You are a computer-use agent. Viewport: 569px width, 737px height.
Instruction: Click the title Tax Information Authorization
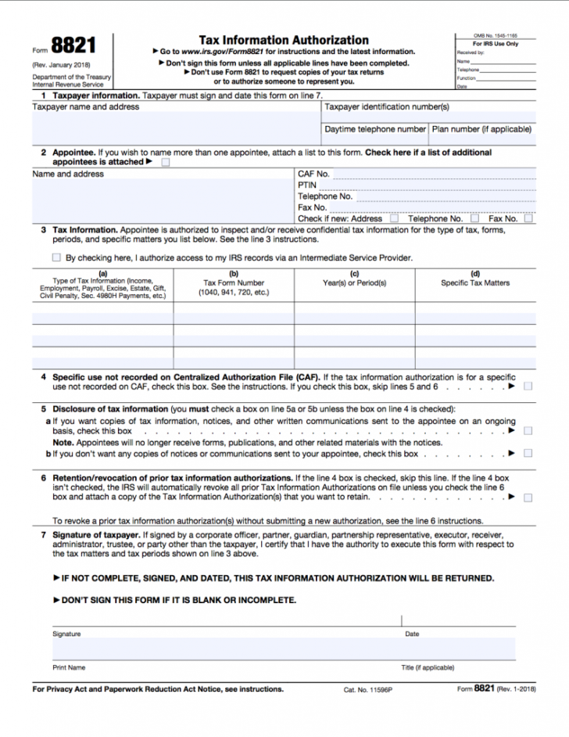284,39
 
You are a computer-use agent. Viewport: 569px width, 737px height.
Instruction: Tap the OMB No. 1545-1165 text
496,36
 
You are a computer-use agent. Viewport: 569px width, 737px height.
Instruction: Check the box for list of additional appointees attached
165,163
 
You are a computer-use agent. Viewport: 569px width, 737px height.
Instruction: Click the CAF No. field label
313,174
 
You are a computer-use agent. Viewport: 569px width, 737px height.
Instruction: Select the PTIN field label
306,185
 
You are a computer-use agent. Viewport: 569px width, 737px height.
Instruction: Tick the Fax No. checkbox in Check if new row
529,219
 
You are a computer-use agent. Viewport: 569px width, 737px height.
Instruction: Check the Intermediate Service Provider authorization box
56,257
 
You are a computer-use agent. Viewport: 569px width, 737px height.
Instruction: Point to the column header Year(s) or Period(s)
354,282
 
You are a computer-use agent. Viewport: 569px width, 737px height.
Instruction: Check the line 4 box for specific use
528,386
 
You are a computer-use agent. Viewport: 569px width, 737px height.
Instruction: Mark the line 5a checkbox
528,430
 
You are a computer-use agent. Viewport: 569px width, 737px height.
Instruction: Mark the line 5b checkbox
528,453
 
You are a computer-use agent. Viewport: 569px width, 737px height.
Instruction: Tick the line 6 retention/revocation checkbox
528,497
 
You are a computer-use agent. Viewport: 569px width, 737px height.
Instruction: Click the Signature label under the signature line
66,634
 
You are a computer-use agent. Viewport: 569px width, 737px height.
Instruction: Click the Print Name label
69,667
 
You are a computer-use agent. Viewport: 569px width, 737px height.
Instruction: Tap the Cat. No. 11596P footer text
368,690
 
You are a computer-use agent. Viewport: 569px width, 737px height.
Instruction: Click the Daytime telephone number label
375,129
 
